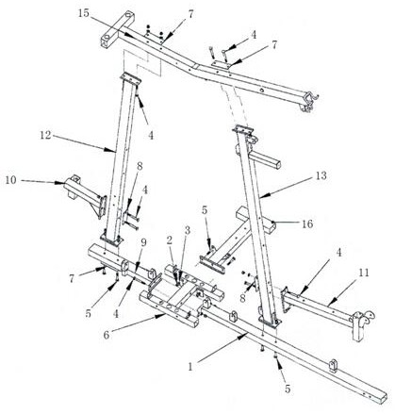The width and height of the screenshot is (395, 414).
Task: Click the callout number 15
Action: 84,13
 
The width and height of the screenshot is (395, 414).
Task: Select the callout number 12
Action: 45,135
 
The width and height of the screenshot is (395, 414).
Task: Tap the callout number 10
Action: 10,180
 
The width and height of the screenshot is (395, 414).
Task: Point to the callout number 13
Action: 321,175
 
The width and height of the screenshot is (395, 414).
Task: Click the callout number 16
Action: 307,224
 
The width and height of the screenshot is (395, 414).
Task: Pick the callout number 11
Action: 364,273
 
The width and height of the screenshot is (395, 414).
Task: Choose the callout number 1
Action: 190,367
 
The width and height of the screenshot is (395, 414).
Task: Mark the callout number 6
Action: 107,335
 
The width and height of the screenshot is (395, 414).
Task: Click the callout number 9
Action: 143,242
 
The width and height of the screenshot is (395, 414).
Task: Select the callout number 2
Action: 170,240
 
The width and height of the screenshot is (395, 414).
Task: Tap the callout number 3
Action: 188,230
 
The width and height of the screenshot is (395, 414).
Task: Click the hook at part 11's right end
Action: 366,319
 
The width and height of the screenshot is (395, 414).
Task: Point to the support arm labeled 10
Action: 83,193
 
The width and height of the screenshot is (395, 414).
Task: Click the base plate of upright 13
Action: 270,322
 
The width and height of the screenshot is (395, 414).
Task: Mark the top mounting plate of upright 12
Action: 131,78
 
